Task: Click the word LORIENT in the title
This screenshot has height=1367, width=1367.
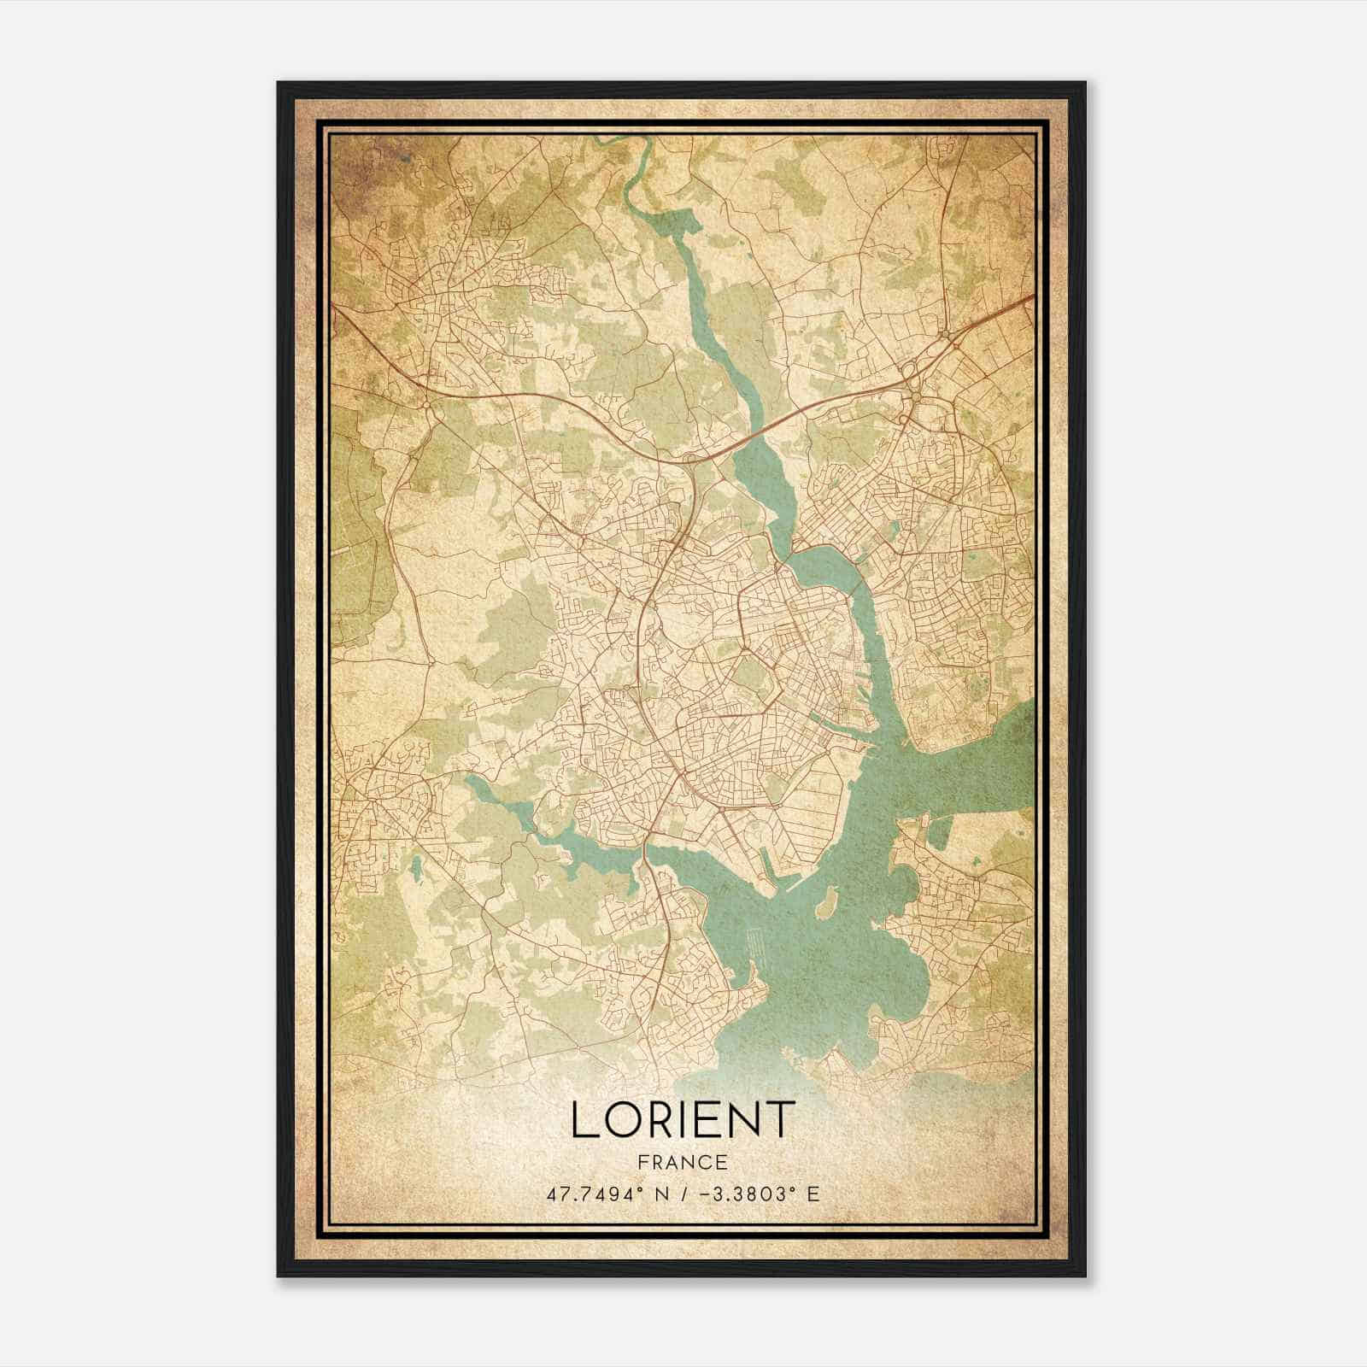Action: coord(683,1120)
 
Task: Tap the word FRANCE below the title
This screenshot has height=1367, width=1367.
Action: coord(683,1162)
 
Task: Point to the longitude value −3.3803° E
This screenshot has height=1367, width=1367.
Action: coord(760,1194)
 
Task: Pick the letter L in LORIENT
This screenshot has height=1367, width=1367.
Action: coord(583,1120)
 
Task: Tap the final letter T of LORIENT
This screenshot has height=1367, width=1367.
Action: coord(780,1120)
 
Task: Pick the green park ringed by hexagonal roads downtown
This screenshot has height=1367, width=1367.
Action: coord(749,675)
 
